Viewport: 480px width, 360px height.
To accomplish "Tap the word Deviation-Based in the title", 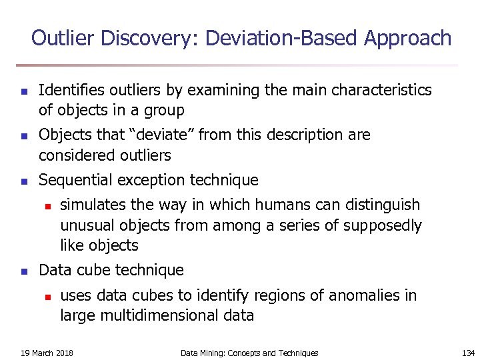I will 282,38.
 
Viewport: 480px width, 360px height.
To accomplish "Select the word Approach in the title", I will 408,38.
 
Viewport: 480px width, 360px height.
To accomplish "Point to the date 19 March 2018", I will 47,353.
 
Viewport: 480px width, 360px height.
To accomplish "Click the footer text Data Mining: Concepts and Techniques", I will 249,353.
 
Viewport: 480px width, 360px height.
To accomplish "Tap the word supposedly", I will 383,225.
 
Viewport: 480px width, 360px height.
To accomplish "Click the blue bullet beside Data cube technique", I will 23,271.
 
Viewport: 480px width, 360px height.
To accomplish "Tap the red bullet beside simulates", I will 47,205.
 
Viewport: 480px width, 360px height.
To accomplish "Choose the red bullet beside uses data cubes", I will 47,296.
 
